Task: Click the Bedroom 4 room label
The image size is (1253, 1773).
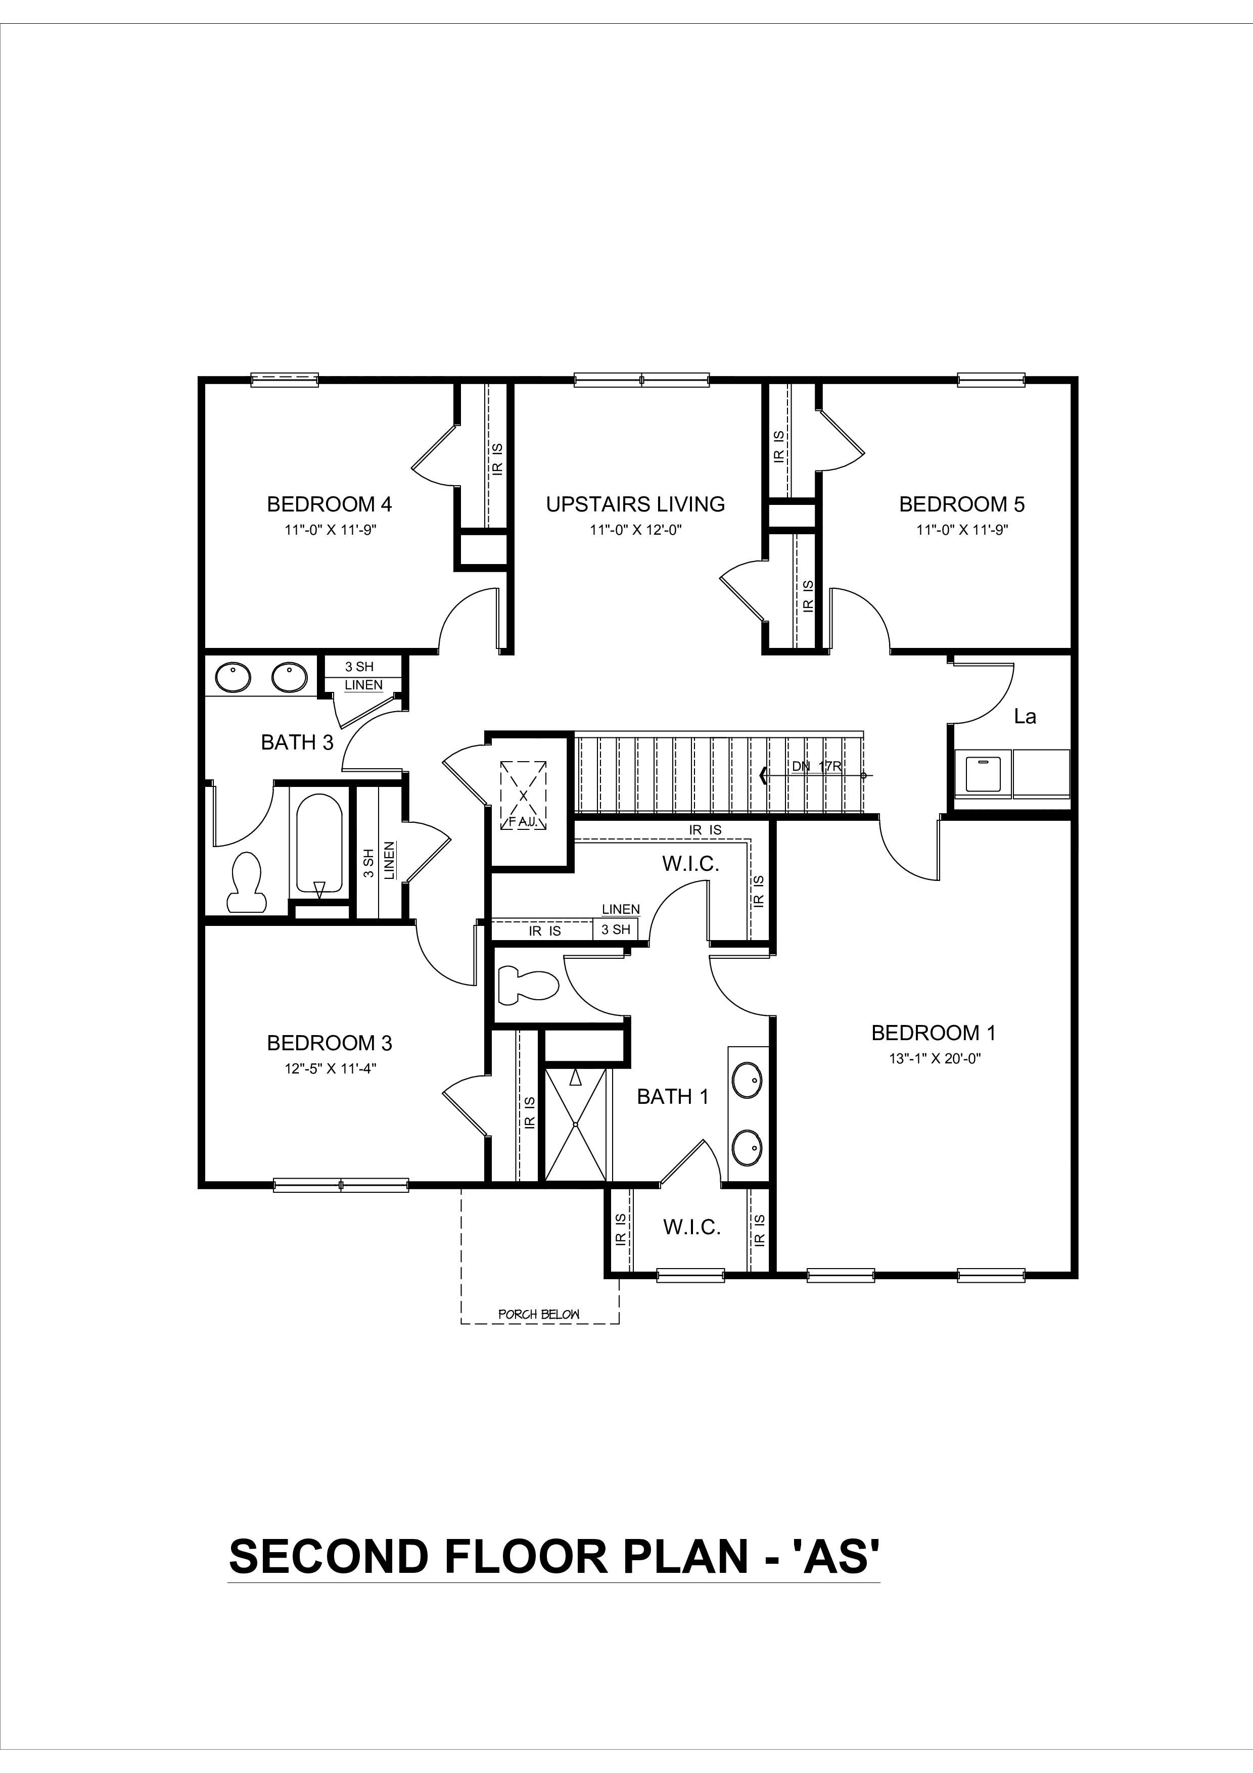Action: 329,504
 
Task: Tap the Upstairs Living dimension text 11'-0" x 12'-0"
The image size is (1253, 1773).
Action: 635,530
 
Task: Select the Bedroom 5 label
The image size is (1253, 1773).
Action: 961,504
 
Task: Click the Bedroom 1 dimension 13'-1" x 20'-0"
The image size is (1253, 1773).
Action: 934,1058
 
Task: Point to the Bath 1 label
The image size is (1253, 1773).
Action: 672,1097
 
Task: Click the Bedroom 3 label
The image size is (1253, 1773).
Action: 329,1043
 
